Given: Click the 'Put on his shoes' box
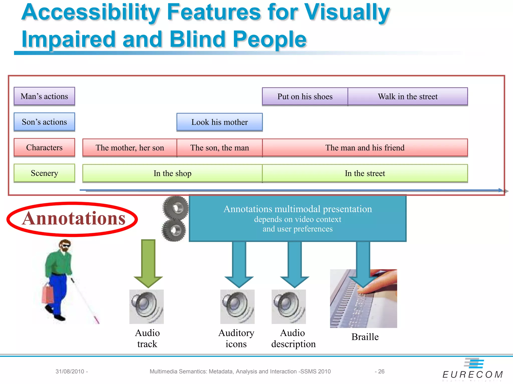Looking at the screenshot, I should (x=305, y=96).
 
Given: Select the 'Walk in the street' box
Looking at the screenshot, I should (x=408, y=96).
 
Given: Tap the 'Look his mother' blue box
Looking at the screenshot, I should (x=219, y=122).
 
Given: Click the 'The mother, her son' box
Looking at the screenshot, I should (x=130, y=148).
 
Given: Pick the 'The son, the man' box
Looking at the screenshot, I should (x=219, y=148).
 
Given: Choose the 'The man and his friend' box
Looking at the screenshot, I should (x=365, y=148).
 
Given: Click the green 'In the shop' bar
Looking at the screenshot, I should (x=172, y=173).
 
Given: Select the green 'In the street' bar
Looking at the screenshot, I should (x=365, y=173).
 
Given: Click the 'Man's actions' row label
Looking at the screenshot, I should (x=44, y=96).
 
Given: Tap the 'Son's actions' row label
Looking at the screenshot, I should (x=44, y=122).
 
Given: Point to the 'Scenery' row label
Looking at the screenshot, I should (x=44, y=173).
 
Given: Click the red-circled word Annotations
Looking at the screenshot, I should (x=73, y=218).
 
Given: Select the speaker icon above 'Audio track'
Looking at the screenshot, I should (x=147, y=307).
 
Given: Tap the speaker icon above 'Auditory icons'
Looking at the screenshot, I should (x=237, y=307).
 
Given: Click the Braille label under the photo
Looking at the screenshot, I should (x=365, y=337).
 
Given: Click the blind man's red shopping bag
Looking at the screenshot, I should (x=48, y=294).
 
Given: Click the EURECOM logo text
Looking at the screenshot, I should (x=472, y=374).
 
